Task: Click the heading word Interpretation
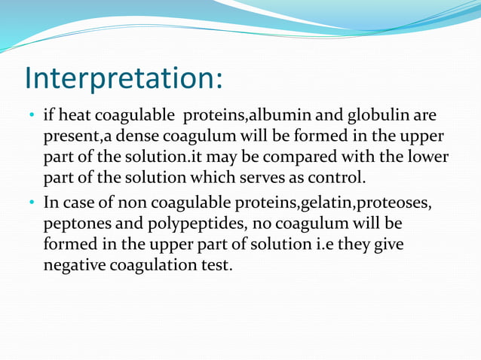pos(123,78)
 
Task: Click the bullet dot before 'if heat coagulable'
pos(31,117)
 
